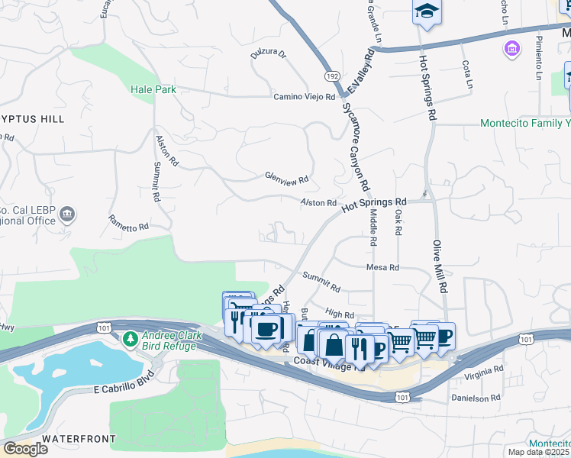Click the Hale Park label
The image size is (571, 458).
click(x=153, y=89)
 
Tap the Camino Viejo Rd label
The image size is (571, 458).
click(x=305, y=97)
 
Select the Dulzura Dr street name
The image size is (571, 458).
click(x=267, y=54)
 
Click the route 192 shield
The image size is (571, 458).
click(x=331, y=76)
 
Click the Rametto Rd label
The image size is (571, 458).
click(x=127, y=227)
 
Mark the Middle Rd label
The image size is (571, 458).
click(x=373, y=228)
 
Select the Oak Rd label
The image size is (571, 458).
click(x=398, y=221)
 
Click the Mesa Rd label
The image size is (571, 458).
click(x=383, y=268)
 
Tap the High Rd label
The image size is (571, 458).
click(x=339, y=314)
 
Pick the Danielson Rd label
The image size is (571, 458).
click(x=476, y=398)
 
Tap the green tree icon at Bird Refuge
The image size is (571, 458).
click(x=131, y=337)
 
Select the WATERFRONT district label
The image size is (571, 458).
click(x=79, y=439)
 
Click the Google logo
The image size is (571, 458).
click(x=25, y=449)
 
